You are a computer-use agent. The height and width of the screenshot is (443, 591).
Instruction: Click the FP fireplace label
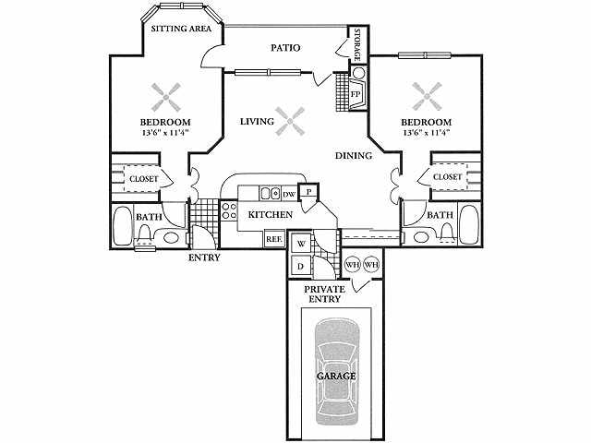355,94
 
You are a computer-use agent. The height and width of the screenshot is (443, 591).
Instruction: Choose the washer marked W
299,245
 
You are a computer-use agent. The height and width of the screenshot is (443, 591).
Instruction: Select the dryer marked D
299,266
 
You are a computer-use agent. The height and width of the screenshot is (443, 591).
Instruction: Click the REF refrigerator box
273,238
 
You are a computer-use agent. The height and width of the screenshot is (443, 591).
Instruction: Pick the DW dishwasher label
289,194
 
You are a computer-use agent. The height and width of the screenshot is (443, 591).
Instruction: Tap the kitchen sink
270,194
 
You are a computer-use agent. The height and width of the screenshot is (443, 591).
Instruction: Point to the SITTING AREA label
182,29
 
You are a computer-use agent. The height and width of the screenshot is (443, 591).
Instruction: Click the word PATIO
288,48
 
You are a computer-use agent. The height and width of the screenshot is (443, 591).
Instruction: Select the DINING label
353,156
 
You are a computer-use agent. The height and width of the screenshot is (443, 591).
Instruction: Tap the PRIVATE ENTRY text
325,294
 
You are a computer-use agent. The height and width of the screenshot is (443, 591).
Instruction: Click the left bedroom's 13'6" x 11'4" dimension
165,134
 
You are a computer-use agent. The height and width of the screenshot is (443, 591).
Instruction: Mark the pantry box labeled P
310,191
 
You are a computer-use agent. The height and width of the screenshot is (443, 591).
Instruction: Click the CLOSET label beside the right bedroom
447,176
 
